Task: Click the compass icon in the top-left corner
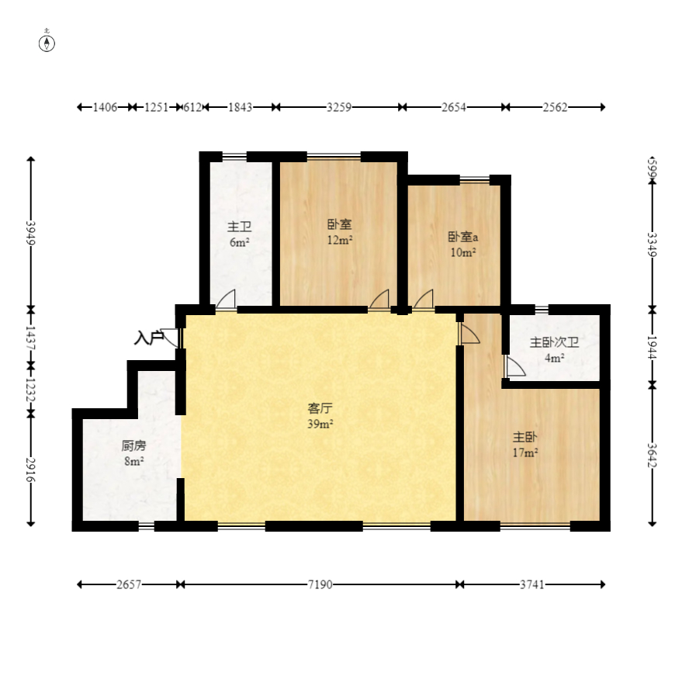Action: (48, 42)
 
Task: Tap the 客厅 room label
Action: (320, 408)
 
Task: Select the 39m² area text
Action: (320, 424)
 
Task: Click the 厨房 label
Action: (133, 446)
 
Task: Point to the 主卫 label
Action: (239, 227)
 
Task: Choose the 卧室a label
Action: (462, 237)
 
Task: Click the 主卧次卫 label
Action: (554, 342)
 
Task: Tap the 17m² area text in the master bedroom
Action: (525, 452)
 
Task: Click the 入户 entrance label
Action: (148, 338)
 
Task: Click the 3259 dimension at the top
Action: (338, 107)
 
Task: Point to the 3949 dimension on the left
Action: (31, 233)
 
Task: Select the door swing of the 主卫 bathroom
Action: (227, 300)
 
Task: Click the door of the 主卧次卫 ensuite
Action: (514, 366)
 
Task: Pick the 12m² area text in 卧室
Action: (340, 240)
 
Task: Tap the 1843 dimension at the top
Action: (240, 107)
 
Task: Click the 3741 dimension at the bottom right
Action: (531, 584)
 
